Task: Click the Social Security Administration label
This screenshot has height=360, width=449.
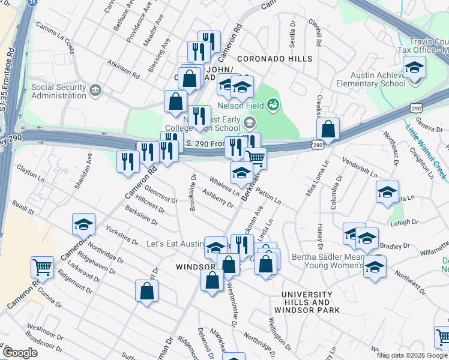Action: point(58,91)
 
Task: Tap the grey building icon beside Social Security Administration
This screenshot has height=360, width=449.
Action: point(95,91)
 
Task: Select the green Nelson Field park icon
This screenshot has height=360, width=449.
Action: point(273,106)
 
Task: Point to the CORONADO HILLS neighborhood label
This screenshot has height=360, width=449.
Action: point(274,59)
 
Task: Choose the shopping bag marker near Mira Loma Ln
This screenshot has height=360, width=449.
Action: point(328,129)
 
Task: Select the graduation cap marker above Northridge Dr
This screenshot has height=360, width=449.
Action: point(83,224)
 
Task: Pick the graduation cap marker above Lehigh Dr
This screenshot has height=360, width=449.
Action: point(387,192)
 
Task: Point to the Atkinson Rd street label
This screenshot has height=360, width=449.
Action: point(124,70)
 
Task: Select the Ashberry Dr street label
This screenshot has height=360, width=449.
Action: point(217,199)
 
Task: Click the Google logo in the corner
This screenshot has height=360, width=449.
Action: point(19,353)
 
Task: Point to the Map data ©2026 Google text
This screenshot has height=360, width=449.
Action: point(412,355)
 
